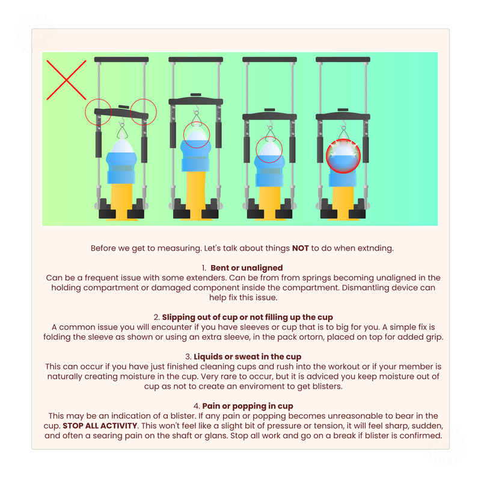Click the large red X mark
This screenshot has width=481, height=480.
(66, 80)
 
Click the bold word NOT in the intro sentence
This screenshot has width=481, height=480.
(300, 248)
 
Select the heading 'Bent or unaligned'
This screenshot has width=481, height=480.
(247, 268)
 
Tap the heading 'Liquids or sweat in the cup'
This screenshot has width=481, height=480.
(247, 357)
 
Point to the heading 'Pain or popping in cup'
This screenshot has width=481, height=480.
(248, 407)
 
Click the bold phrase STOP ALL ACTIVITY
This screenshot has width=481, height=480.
(100, 426)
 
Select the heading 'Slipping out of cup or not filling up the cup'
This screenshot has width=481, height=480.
(247, 317)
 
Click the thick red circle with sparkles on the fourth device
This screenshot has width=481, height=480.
(343, 156)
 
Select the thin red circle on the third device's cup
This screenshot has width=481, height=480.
(269, 149)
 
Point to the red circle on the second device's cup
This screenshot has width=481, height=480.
(197, 135)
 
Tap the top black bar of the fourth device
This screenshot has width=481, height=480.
(343, 60)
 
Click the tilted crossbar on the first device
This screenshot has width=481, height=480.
(121, 113)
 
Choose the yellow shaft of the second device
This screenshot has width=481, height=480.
(196, 193)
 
